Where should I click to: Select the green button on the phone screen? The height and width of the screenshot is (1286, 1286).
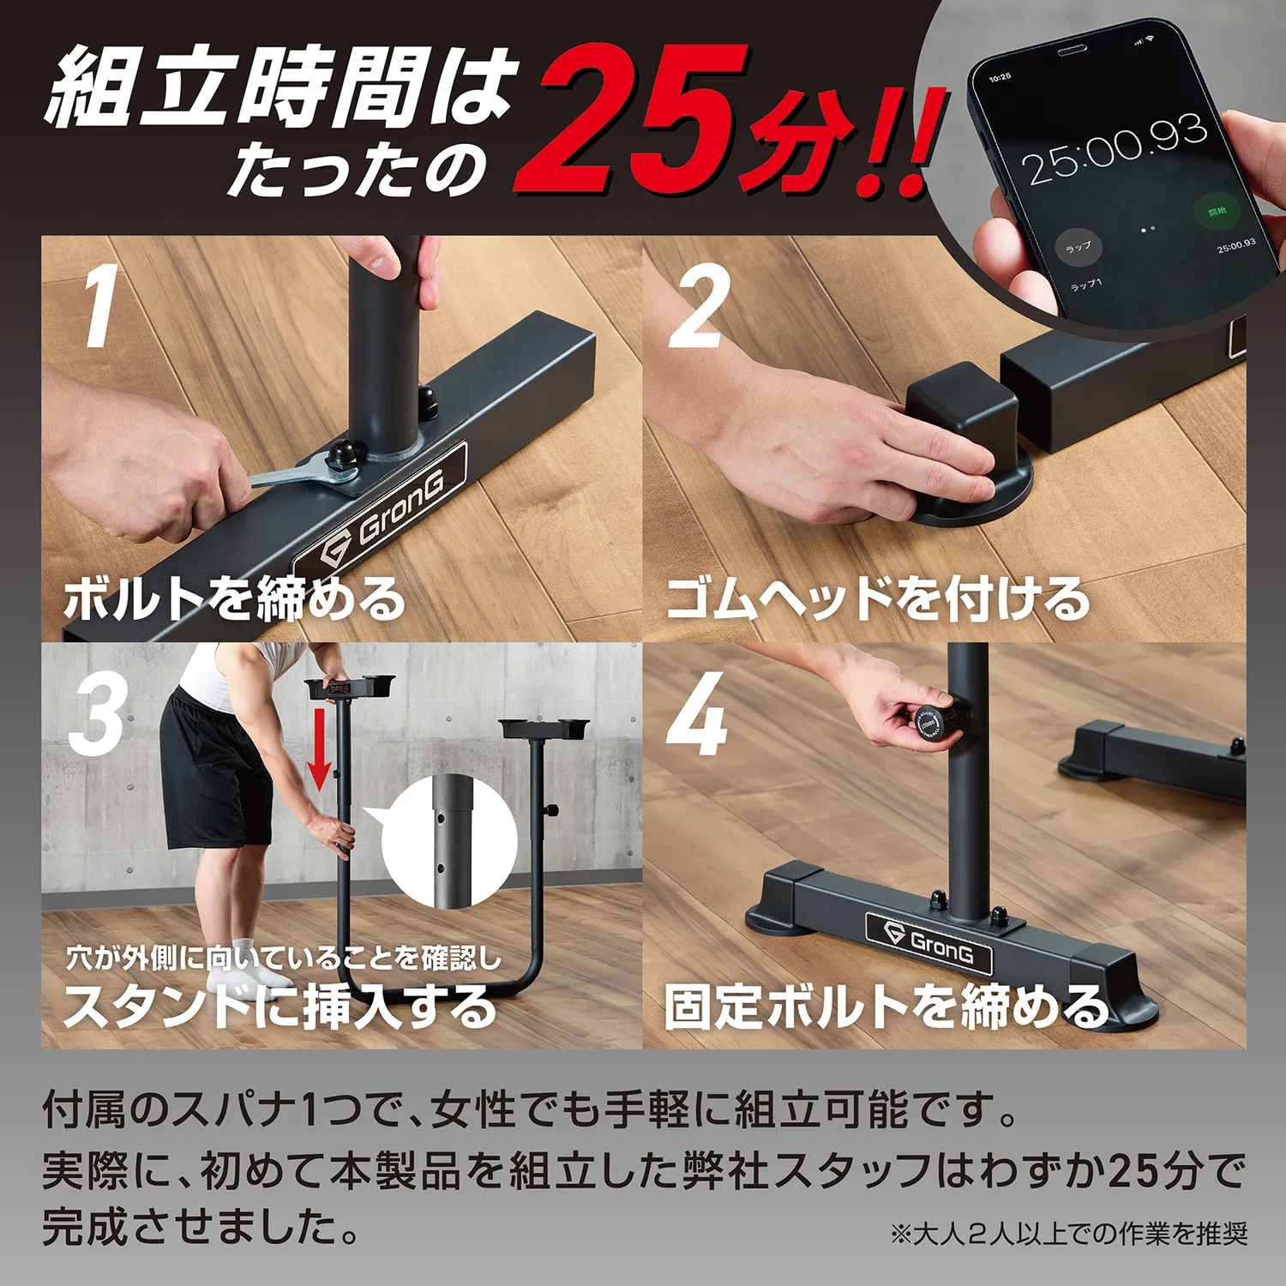[1216, 211]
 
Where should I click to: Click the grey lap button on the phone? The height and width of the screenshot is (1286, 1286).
[1078, 248]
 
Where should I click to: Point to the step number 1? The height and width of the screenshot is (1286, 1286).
[101, 306]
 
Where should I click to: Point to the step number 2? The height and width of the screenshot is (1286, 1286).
[700, 306]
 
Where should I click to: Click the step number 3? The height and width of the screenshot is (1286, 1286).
[98, 716]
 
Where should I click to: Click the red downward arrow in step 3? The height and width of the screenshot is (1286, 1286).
[320, 746]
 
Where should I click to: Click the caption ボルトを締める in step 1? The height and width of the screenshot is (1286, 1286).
[233, 598]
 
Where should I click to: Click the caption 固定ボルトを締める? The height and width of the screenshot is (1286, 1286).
[885, 1005]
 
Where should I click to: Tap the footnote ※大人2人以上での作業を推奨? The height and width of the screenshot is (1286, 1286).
[1068, 1234]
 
